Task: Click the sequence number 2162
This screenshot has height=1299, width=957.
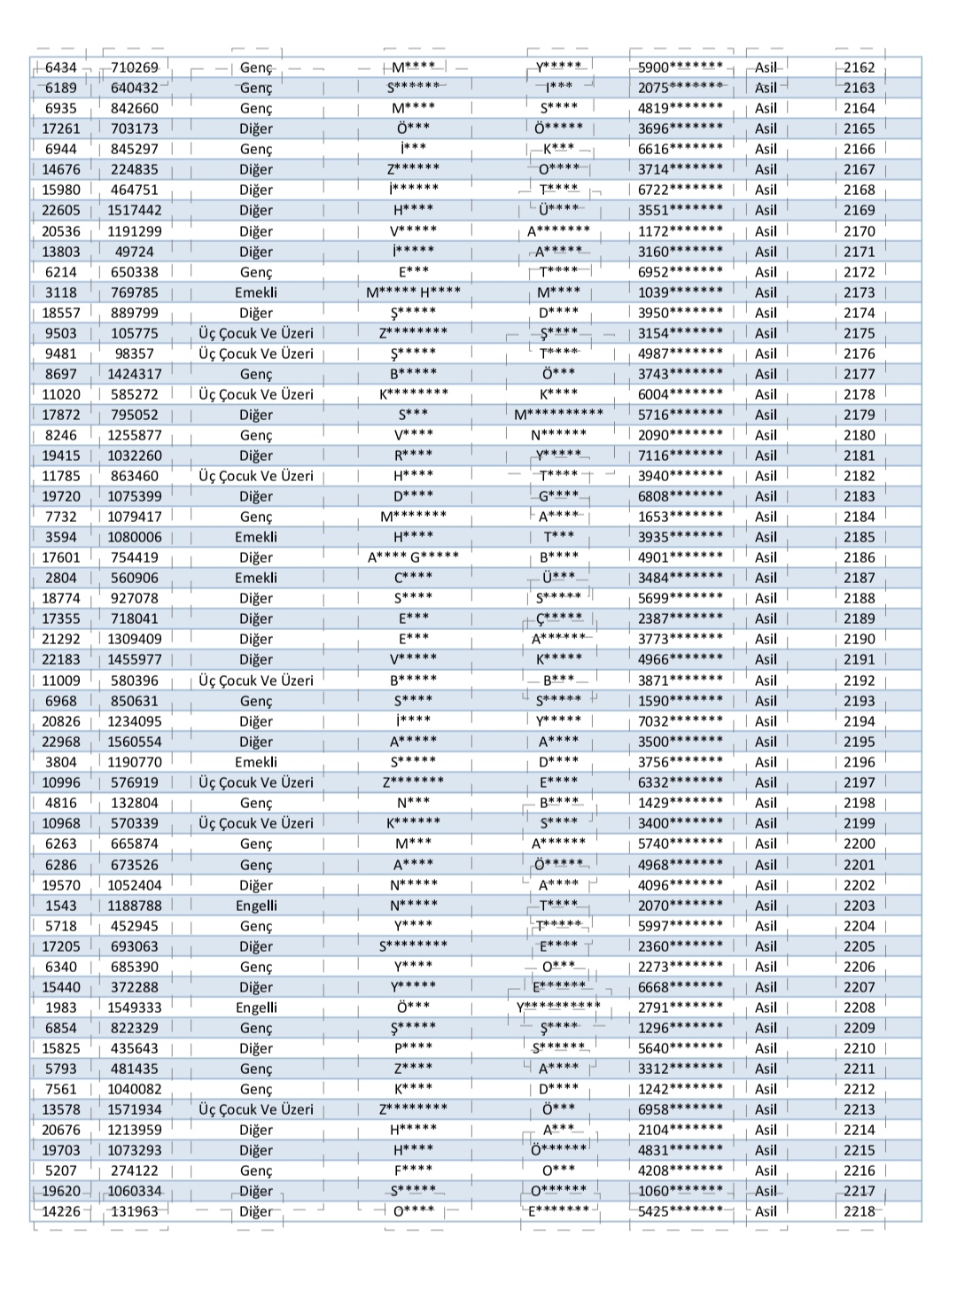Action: (859, 67)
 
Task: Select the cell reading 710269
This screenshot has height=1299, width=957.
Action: (135, 67)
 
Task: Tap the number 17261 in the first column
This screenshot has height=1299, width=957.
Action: (61, 128)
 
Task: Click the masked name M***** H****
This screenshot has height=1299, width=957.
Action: (413, 292)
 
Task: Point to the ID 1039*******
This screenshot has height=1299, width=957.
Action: (680, 292)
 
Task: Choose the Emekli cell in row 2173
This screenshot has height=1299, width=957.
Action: (256, 292)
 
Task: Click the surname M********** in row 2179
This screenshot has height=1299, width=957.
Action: (559, 415)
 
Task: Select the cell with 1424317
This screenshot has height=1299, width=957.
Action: (135, 374)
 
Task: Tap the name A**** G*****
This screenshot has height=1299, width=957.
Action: (413, 557)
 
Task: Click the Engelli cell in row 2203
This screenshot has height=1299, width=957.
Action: (256, 906)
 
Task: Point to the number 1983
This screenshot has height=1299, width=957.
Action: (61, 1007)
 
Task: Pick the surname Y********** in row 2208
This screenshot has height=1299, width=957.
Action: (559, 1007)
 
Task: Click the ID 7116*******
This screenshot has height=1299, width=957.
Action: (680, 455)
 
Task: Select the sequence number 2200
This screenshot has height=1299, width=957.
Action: (859, 844)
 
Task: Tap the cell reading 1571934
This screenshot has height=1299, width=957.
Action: (135, 1109)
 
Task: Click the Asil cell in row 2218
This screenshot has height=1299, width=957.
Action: (766, 1211)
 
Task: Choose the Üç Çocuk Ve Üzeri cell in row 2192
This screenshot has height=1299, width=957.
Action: (256, 681)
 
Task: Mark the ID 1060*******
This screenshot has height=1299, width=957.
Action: (680, 1191)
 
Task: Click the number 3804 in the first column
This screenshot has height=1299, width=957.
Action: (61, 762)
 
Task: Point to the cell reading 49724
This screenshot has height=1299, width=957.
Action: (135, 252)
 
